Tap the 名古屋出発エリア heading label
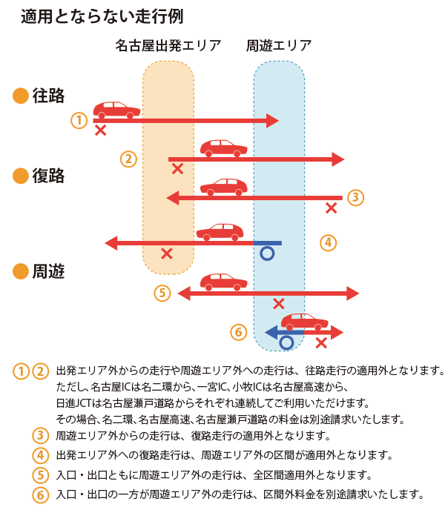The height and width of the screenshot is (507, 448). pos(168,45)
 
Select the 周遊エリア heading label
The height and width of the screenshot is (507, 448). pos(279,45)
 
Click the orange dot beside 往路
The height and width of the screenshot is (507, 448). pos(21,96)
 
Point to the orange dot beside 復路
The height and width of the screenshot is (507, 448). pos(21,176)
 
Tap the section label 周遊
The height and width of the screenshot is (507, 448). pos(48,271)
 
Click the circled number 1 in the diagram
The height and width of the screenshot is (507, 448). pos(79,120)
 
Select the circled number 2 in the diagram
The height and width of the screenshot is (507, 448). pos(129,159)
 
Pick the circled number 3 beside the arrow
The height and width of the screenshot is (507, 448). pos(355,197)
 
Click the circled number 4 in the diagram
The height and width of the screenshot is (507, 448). pos(329,242)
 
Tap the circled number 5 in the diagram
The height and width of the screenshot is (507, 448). pos(163,293)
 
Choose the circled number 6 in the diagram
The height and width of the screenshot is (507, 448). pos(238,332)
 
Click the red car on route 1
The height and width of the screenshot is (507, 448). pos(117,110)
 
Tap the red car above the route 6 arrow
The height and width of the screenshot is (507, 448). pos(305,321)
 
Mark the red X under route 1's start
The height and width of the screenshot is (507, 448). pos(100,130)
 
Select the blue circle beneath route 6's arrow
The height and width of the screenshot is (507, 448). pos(286,342)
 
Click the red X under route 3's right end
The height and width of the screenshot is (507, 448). pos(332,208)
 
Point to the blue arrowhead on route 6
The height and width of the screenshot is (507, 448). pos(271,331)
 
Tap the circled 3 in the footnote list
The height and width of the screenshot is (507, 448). pos(41,435)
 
